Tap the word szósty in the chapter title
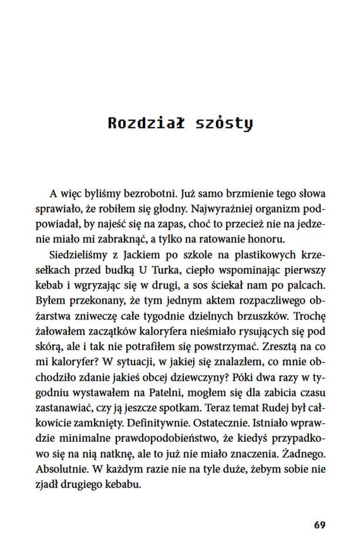pos(223,123)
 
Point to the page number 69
pos(319,525)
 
